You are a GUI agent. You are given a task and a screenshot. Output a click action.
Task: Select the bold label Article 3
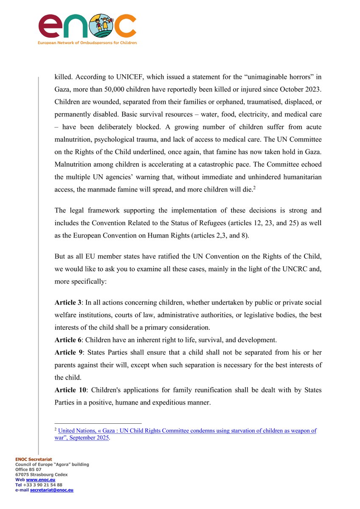(x=68, y=302)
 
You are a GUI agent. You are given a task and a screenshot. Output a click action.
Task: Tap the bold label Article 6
(x=68, y=340)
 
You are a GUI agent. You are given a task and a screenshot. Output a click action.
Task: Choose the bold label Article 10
(x=70, y=390)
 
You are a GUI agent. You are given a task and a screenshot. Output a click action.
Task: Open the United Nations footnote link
(x=187, y=431)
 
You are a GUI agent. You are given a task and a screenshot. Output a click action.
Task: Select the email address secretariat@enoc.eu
(x=51, y=489)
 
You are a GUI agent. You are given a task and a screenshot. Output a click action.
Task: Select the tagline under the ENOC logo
(x=87, y=43)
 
